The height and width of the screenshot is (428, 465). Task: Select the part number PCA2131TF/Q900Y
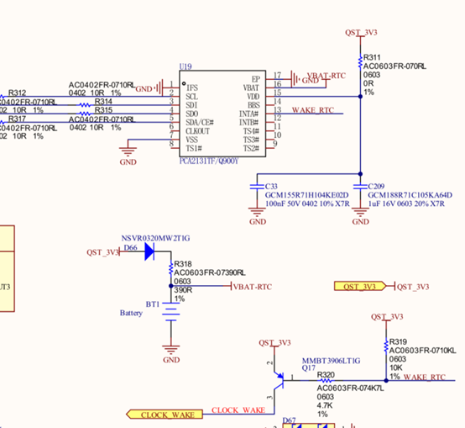coord(209,161)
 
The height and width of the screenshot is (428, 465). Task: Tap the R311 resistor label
coord(373,56)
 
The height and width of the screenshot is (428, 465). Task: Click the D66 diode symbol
coord(149,251)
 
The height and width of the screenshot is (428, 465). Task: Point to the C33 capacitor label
coord(271,186)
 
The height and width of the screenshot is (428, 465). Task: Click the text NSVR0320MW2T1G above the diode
coord(155,238)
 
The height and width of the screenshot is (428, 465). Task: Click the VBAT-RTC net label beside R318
coord(254,286)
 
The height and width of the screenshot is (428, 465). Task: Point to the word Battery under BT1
coord(132,312)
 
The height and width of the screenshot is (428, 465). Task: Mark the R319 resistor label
coord(398,341)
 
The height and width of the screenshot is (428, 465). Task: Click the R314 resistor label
coord(103,101)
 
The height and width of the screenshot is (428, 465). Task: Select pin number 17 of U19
coord(276,76)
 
